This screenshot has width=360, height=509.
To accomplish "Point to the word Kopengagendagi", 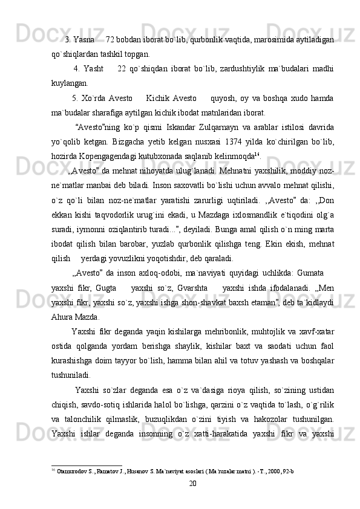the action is pos(108,164).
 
